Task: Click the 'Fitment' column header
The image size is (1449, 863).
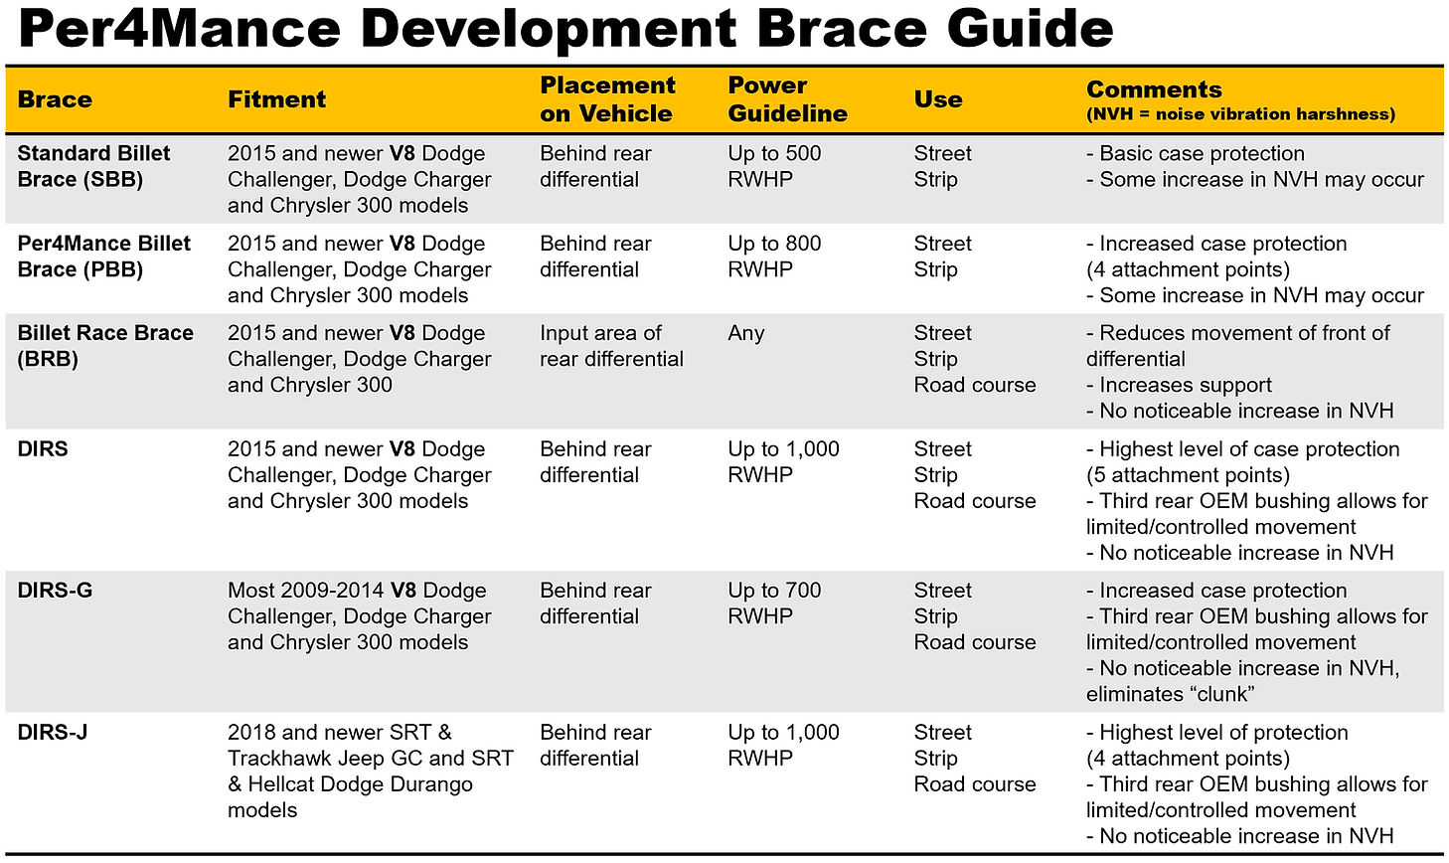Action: pos(276,99)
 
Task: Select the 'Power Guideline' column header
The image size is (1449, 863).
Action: pos(786,99)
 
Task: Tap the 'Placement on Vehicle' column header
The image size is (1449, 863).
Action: pos(606,99)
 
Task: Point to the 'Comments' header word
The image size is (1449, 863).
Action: pos(1153,89)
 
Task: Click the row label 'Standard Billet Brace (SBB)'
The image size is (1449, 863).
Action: pos(93,166)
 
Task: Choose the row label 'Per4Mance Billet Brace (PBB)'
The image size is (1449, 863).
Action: pos(103,257)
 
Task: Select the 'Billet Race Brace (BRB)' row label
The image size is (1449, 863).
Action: pos(105,346)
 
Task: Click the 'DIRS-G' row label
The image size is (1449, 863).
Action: pos(55,591)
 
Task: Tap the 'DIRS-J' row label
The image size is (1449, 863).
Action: pos(52,733)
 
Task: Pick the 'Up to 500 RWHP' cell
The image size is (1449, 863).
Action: pos(774,166)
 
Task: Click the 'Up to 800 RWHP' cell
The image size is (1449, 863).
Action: pos(774,257)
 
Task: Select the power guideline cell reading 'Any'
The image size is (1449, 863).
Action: pos(745,333)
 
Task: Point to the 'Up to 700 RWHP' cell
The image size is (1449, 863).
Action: pos(774,604)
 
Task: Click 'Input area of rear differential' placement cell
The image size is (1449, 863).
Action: pos(611,346)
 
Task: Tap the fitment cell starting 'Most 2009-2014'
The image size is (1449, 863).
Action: pos(359,616)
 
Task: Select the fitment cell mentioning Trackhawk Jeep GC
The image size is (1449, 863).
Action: pos(370,771)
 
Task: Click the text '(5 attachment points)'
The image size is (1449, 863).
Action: pos(1188,475)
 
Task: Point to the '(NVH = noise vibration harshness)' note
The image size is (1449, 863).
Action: pos(1240,114)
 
